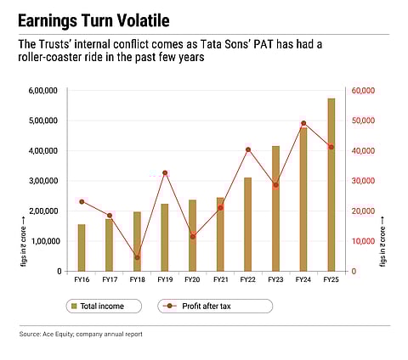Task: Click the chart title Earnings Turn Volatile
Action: pyautogui.click(x=99, y=19)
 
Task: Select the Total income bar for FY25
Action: pyautogui.click(x=331, y=185)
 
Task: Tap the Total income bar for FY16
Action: pyautogui.click(x=82, y=248)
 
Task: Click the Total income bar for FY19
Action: pyautogui.click(x=165, y=238)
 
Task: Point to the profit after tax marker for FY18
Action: pyautogui.click(x=137, y=257)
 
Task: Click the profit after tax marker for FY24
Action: pyautogui.click(x=303, y=123)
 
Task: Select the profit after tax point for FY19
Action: pyautogui.click(x=165, y=173)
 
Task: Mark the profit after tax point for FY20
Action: pyautogui.click(x=192, y=237)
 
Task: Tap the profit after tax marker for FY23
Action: pyautogui.click(x=275, y=185)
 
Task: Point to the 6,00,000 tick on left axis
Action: pyautogui.click(x=43, y=91)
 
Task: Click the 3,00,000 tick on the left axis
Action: pyautogui.click(x=43, y=181)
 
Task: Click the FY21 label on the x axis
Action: pyautogui.click(x=220, y=279)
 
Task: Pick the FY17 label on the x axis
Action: pyautogui.click(x=110, y=279)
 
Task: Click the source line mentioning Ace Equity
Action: pyautogui.click(x=81, y=335)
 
